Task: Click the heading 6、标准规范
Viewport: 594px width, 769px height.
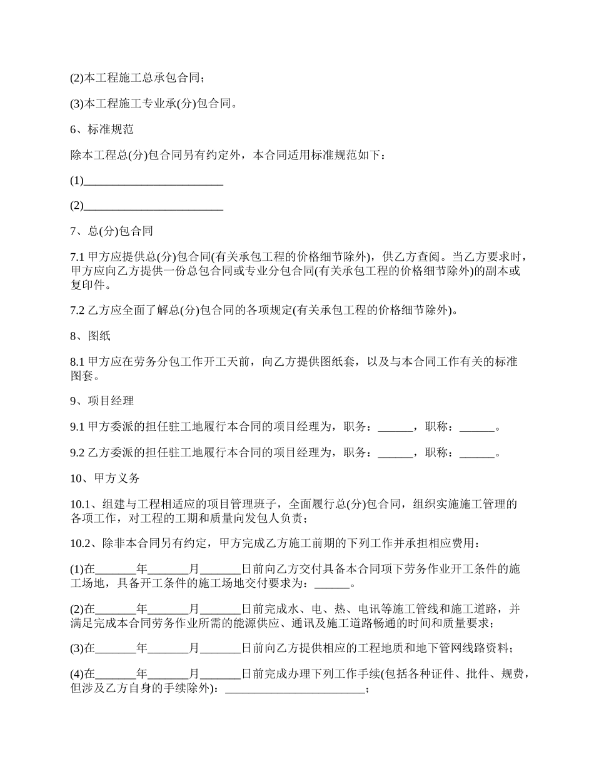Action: (x=101, y=129)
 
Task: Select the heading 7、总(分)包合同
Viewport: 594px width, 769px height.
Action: (x=111, y=231)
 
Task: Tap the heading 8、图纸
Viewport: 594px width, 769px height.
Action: (x=90, y=336)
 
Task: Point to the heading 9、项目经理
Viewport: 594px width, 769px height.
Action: (x=101, y=401)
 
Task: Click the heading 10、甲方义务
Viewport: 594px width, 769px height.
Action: (x=104, y=478)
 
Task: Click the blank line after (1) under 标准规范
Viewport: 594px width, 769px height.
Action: (x=153, y=181)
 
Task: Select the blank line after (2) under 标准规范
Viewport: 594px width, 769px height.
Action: (x=153, y=206)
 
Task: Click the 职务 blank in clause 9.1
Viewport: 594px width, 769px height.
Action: (x=396, y=428)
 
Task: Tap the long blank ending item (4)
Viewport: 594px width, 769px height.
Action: (x=294, y=690)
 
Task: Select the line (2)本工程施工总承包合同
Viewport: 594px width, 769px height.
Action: (x=137, y=78)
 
